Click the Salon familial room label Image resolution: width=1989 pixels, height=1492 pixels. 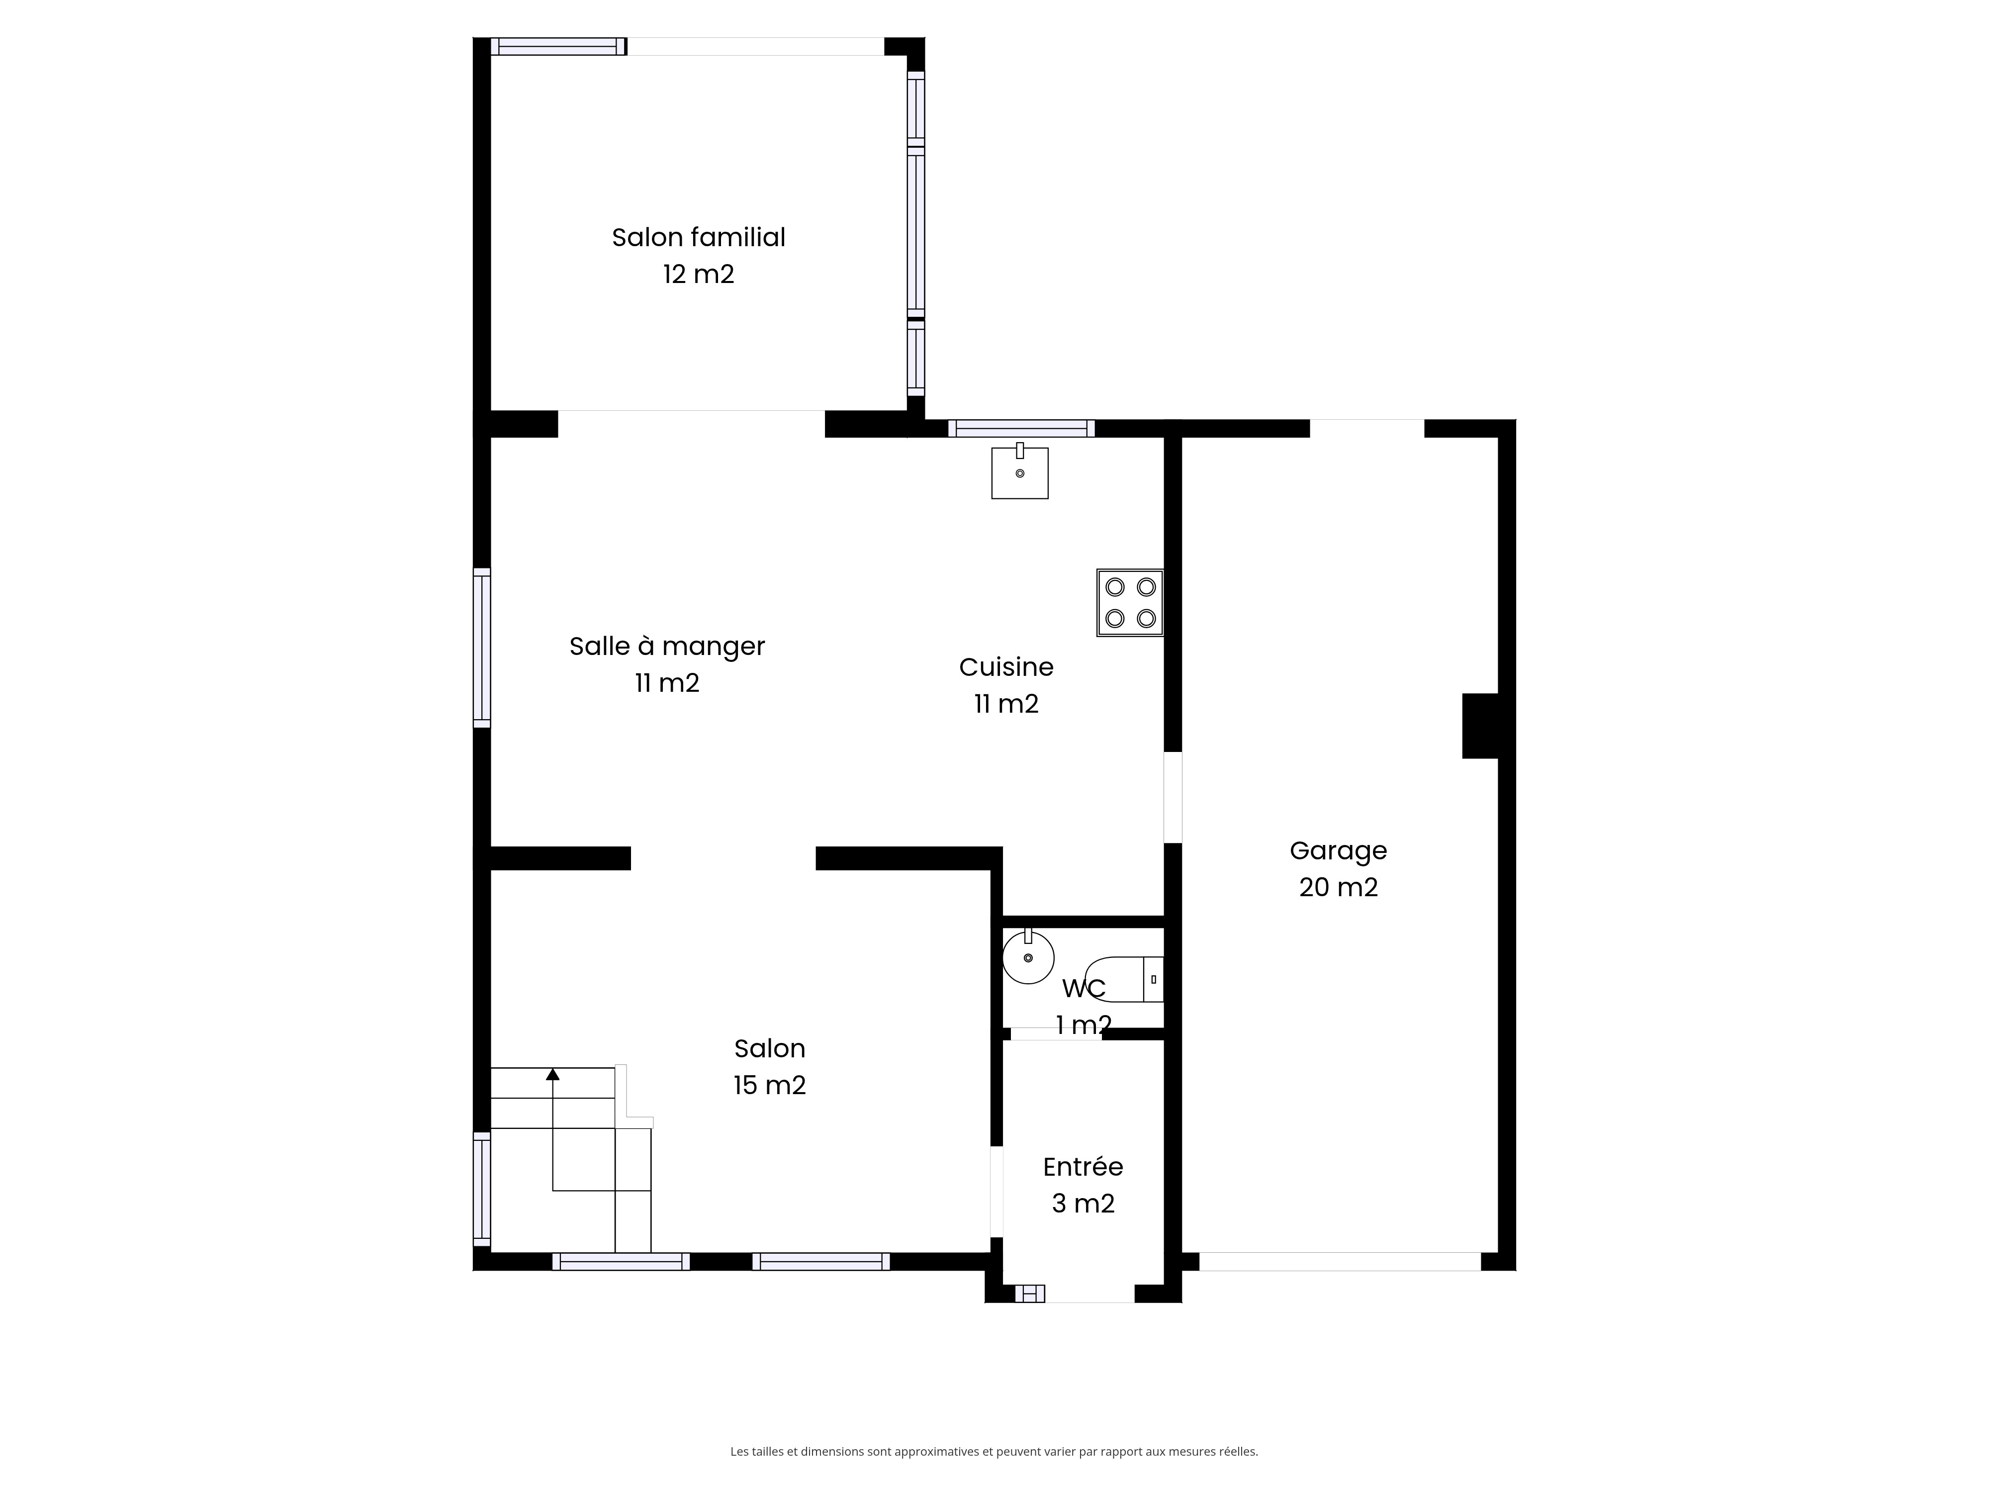pos(699,237)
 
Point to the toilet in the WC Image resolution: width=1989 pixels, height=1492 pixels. pos(1124,979)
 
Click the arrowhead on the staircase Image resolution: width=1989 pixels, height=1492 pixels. pos(553,1074)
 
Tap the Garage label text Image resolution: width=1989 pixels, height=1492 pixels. pos(1338,851)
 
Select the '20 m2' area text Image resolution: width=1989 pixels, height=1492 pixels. pos(1338,888)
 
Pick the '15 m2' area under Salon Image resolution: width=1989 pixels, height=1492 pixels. pos(770,1086)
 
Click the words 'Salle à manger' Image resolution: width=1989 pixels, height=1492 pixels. pos(667,647)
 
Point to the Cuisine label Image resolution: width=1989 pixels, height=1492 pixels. pos(1006,667)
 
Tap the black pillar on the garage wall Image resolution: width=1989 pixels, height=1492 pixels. pos(1480,726)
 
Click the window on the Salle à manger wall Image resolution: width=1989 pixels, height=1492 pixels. pos(482,648)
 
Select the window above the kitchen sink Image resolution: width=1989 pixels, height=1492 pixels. pos(1021,428)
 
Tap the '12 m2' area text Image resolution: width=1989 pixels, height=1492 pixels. pos(699,275)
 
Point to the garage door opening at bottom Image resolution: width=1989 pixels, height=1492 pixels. pos(1340,1262)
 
